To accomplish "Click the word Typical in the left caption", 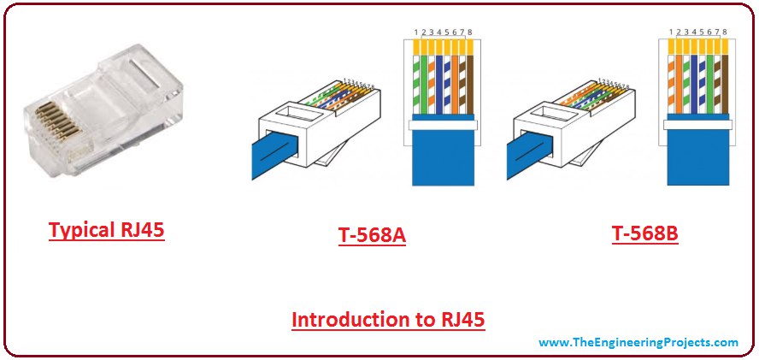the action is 79,231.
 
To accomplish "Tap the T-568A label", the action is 372,236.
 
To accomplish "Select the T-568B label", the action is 645,233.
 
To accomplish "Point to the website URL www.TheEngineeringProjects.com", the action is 638,343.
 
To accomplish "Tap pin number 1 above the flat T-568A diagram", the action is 415,32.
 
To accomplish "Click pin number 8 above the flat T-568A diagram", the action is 469,32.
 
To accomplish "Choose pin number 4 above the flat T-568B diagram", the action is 694,32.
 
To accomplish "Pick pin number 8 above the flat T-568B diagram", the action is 724,32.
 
